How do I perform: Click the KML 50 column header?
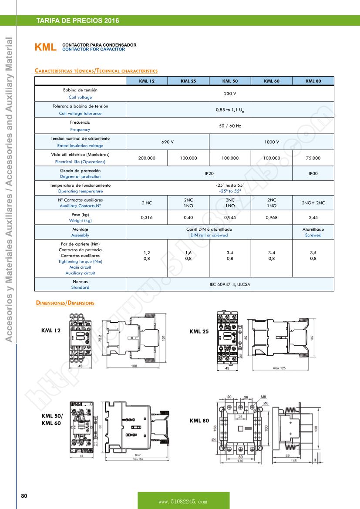point(230,81)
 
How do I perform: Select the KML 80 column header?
point(313,81)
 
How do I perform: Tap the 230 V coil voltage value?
point(230,94)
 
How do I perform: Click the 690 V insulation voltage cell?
point(168,142)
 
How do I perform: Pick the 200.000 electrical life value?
point(147,158)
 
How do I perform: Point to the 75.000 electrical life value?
point(313,158)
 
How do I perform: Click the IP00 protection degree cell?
point(313,173)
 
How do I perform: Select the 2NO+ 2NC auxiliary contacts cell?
point(313,203)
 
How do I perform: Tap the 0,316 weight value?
point(147,217)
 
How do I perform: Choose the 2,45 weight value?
point(313,217)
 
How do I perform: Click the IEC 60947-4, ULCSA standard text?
point(230,284)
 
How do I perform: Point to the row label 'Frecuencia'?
point(80,123)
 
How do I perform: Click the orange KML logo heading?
point(46,47)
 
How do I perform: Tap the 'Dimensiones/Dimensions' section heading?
point(65,303)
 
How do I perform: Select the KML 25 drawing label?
point(199,331)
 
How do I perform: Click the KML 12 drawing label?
point(51,330)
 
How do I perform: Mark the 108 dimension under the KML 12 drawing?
point(134,366)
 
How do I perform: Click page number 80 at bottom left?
point(24,496)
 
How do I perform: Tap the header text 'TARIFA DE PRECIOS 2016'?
point(77,21)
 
